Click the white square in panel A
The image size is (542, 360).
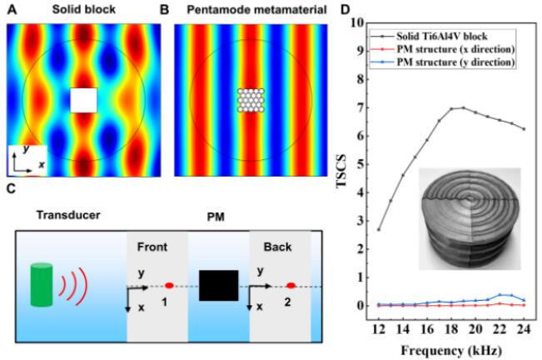coord(83,100)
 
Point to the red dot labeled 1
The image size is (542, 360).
coord(170,286)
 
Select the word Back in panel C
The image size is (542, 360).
coord(278,247)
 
